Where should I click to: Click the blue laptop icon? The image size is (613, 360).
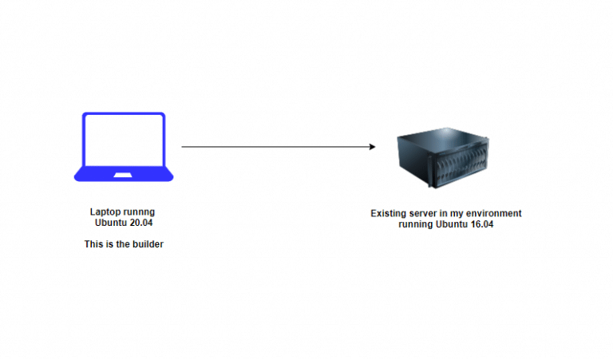pos(124,148)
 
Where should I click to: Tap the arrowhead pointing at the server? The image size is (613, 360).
pos(372,147)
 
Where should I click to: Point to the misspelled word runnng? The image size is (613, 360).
pos(140,212)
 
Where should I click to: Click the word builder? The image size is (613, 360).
pos(148,243)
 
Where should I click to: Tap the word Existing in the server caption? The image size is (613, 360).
pos(390,214)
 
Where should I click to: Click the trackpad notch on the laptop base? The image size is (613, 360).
pos(124,174)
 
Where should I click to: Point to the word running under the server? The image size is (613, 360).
pos(417,224)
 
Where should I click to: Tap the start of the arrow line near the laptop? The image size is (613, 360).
pos(184,147)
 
